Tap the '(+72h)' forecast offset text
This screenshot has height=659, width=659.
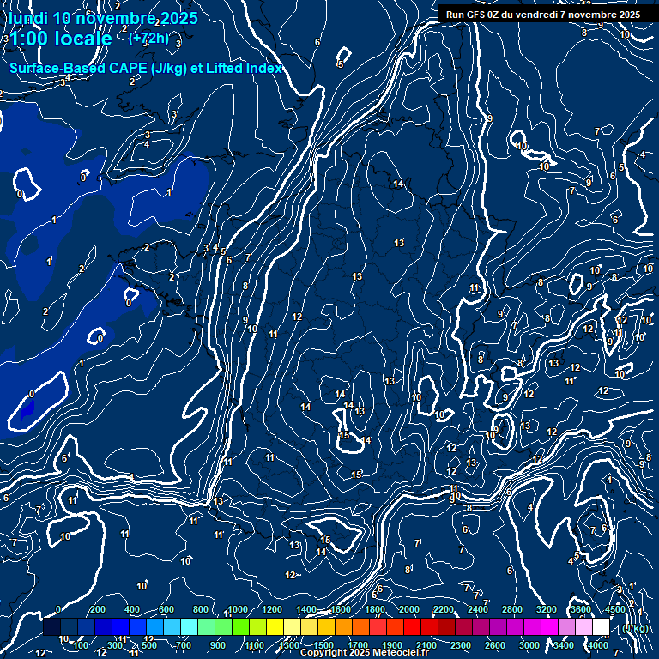coord(150,38)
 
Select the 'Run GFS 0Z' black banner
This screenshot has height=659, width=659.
coord(542,15)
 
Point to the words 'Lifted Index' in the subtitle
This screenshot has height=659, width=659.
coord(243,68)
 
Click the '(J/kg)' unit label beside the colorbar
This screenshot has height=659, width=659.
coord(636,628)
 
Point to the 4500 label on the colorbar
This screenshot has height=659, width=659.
coord(614,609)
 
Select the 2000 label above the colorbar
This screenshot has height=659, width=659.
coord(409,609)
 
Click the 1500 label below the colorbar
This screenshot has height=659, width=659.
coord(323,645)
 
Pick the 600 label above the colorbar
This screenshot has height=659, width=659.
coord(166,609)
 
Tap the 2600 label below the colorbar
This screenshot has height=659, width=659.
coord(495,645)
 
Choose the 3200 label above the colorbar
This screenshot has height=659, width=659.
coord(547,609)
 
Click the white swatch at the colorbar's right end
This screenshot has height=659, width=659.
coord(601,627)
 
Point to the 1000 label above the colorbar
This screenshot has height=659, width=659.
coord(238,609)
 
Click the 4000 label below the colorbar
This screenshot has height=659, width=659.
coord(598,645)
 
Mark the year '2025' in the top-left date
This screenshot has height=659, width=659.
coord(178,18)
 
